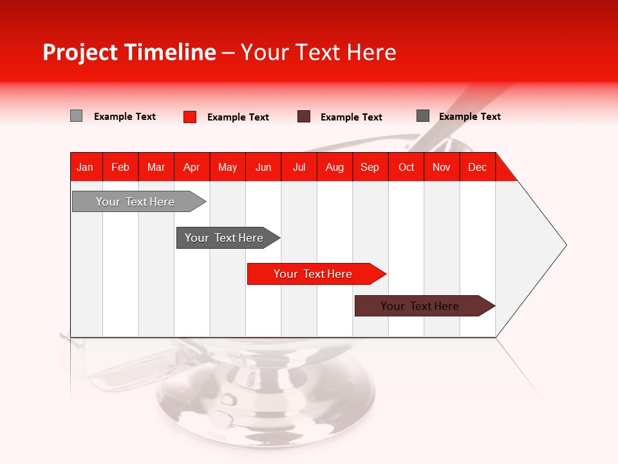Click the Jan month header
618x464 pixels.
86,167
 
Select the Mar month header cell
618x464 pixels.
156,167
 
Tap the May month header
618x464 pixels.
227,167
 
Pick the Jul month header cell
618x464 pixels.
299,167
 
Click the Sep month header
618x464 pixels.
370,167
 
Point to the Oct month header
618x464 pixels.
406,167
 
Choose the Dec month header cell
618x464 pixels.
477,167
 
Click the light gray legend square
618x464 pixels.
76,116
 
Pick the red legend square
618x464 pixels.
190,117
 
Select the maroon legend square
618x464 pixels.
304,117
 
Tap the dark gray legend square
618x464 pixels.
423,116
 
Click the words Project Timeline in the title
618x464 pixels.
129,52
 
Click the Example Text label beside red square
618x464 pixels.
238,117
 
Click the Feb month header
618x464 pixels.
120,167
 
